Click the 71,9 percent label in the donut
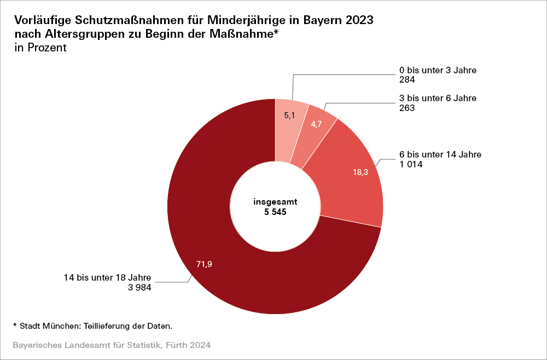(x=204, y=265)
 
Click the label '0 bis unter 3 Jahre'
(x=438, y=70)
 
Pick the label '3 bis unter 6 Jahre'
(x=438, y=98)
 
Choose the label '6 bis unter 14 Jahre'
(x=440, y=154)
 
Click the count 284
(x=408, y=79)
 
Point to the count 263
(x=408, y=108)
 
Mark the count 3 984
(x=139, y=286)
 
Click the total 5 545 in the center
(x=275, y=211)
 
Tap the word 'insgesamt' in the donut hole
(x=275, y=201)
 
